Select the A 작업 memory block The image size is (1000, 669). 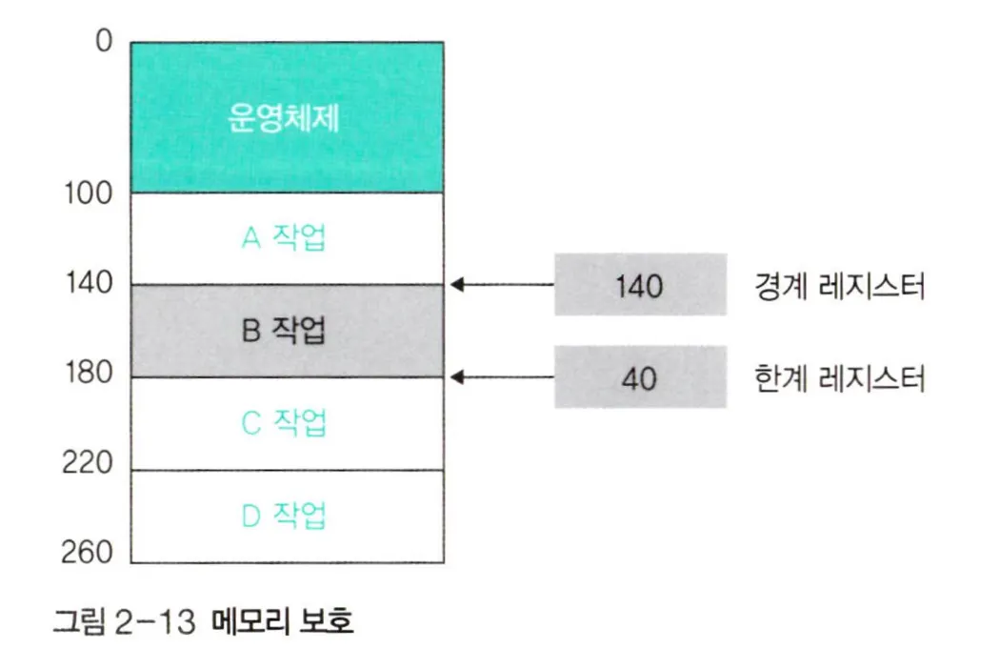(x=286, y=238)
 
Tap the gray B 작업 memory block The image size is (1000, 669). (x=286, y=331)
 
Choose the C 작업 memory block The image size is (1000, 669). (x=286, y=423)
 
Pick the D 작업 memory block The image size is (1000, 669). (x=286, y=516)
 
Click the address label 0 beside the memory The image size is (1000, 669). (x=104, y=42)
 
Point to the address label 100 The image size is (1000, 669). (x=88, y=194)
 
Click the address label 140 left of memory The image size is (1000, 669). (x=88, y=284)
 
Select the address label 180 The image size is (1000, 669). (x=88, y=375)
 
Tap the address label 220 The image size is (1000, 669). (x=88, y=464)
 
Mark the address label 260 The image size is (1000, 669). (x=88, y=554)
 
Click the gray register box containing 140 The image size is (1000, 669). (x=640, y=284)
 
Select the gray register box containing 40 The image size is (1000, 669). (x=640, y=377)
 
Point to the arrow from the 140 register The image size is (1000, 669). (x=503, y=284)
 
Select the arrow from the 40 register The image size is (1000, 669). (x=503, y=377)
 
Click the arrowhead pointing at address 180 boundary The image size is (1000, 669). (x=458, y=377)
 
